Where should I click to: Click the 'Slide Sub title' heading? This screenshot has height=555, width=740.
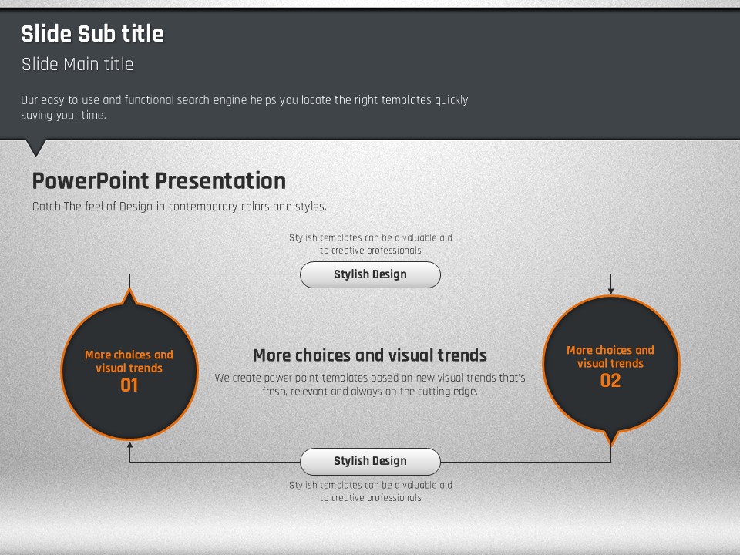(x=92, y=34)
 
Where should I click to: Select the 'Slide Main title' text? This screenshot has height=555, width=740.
(x=77, y=64)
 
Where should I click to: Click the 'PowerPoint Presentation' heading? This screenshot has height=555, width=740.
(x=159, y=180)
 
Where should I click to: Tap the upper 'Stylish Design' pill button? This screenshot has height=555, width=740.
(x=371, y=274)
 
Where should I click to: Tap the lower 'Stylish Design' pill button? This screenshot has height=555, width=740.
(x=371, y=461)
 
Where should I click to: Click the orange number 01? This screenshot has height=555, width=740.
(x=129, y=385)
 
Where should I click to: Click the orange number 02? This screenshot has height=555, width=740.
(x=610, y=381)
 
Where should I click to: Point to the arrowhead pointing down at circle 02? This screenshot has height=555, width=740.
(x=610, y=291)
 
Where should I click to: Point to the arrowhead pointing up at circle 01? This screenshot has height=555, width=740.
(x=129, y=445)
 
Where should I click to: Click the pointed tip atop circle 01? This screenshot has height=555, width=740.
(x=129, y=289)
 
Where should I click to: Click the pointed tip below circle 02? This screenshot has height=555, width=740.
(x=611, y=445)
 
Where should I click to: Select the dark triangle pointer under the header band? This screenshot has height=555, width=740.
(x=36, y=148)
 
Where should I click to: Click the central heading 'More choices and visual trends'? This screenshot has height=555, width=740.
(x=370, y=355)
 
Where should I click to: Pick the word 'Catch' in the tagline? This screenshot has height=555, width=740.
(x=46, y=207)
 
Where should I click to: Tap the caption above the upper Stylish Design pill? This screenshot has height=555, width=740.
(x=371, y=244)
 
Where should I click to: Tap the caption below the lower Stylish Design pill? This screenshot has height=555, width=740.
(x=371, y=491)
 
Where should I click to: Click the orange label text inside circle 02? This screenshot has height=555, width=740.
(x=610, y=357)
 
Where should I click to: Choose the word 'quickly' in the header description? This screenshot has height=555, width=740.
(x=451, y=100)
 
